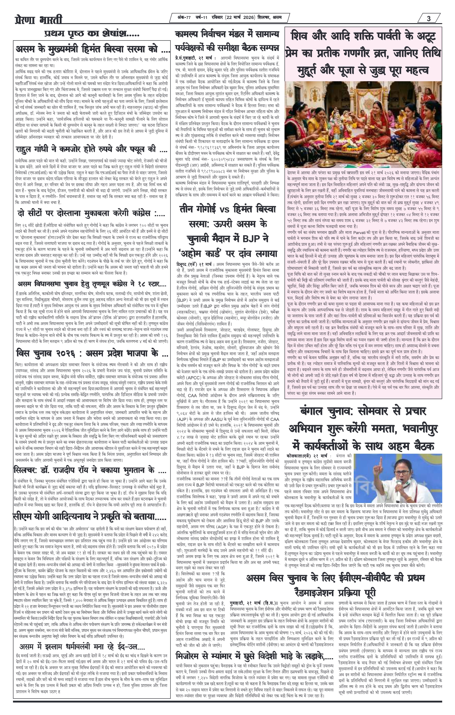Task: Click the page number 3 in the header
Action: pyautogui.click(x=429, y=19)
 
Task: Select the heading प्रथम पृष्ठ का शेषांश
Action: pyautogui.click(x=92, y=34)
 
